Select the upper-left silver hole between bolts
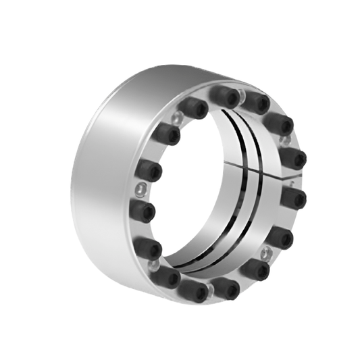coord(178,119)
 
